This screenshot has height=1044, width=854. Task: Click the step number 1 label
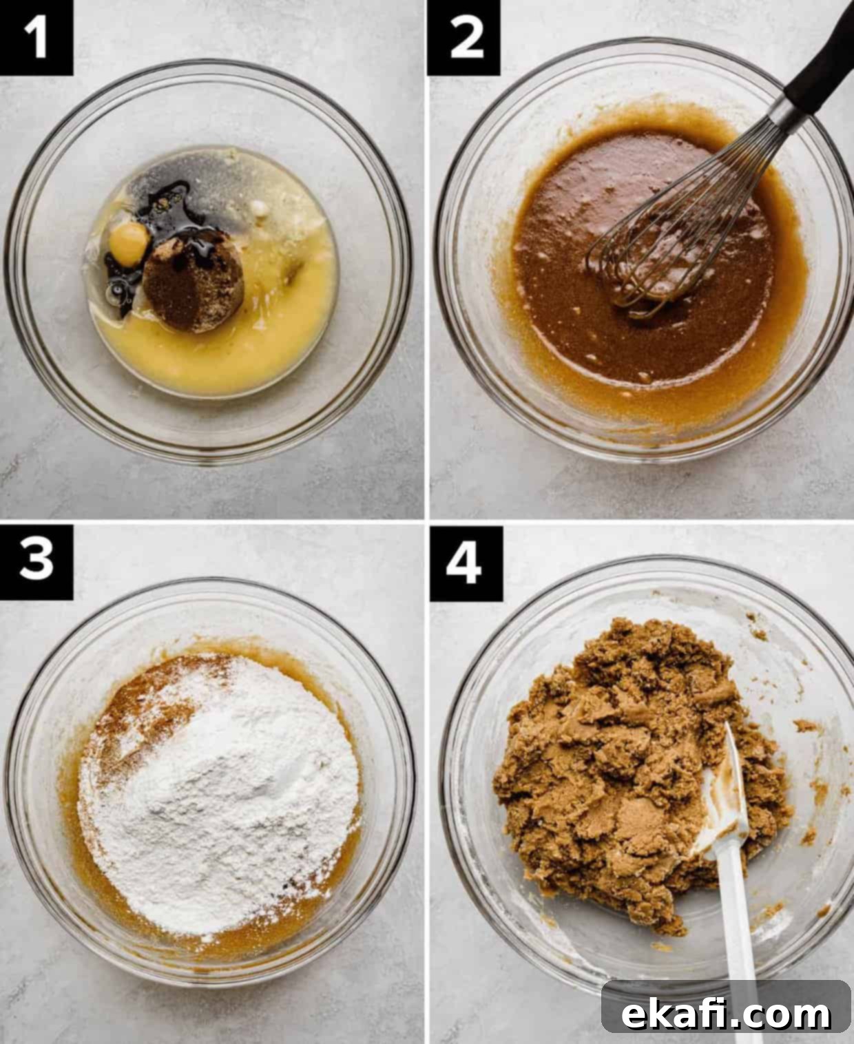[36, 36]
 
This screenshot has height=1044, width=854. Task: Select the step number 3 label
[36, 561]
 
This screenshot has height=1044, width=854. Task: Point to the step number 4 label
[466, 563]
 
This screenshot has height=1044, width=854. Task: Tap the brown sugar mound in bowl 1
[193, 281]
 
